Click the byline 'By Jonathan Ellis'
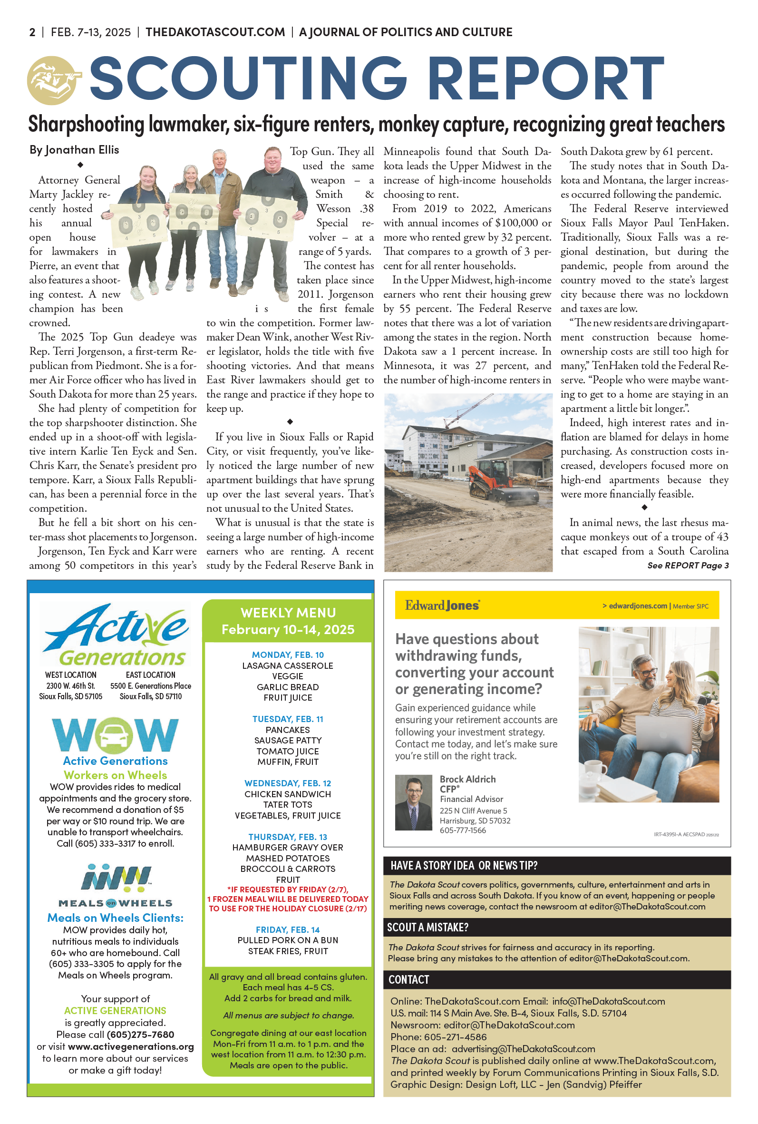click(x=74, y=150)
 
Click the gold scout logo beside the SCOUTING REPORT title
click(x=52, y=80)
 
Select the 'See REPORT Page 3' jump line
click(x=688, y=565)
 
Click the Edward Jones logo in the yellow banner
click(x=442, y=605)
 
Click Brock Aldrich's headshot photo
click(x=413, y=802)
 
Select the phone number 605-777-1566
click(x=463, y=831)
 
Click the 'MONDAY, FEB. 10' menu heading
click(x=288, y=655)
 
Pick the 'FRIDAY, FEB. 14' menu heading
click(x=288, y=929)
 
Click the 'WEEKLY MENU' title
click(x=288, y=613)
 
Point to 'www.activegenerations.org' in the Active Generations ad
click(x=130, y=1046)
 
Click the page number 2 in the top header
click(x=32, y=32)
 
